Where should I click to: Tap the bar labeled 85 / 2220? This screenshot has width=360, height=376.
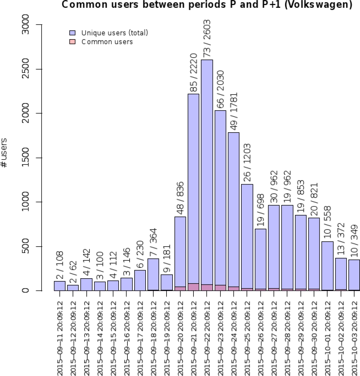(193, 188)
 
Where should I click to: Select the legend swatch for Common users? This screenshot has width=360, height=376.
(72, 42)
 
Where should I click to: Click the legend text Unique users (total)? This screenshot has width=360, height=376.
(115, 33)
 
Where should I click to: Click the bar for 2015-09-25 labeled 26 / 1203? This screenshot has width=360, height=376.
(247, 238)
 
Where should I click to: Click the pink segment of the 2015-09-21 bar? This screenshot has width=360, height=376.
(193, 287)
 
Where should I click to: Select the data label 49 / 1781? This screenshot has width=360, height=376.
(234, 111)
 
